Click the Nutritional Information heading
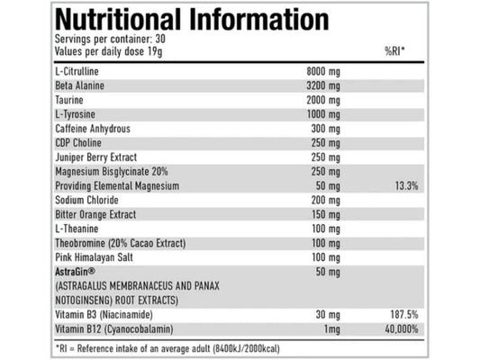click(x=192, y=20)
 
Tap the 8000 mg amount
click(x=325, y=71)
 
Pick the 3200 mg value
click(x=325, y=85)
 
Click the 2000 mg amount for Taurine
click(x=325, y=100)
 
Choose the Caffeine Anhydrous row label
click(x=94, y=129)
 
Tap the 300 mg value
click(x=327, y=129)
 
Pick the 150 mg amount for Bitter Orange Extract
click(x=327, y=215)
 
